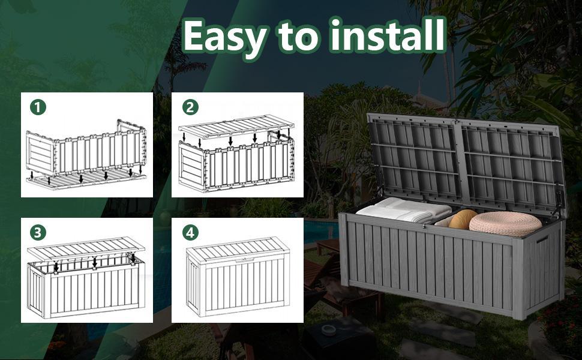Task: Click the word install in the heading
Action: (x=388, y=35)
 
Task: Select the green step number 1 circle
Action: (x=38, y=107)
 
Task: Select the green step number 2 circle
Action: (x=190, y=107)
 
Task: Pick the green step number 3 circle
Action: (x=38, y=233)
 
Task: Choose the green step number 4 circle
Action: (x=190, y=233)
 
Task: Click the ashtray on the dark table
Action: (x=328, y=329)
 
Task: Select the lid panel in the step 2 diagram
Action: (x=236, y=127)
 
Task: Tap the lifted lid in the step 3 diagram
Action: (x=86, y=248)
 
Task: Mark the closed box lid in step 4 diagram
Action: (x=238, y=249)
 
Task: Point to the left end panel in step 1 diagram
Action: (x=40, y=153)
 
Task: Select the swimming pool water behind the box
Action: (x=321, y=230)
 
